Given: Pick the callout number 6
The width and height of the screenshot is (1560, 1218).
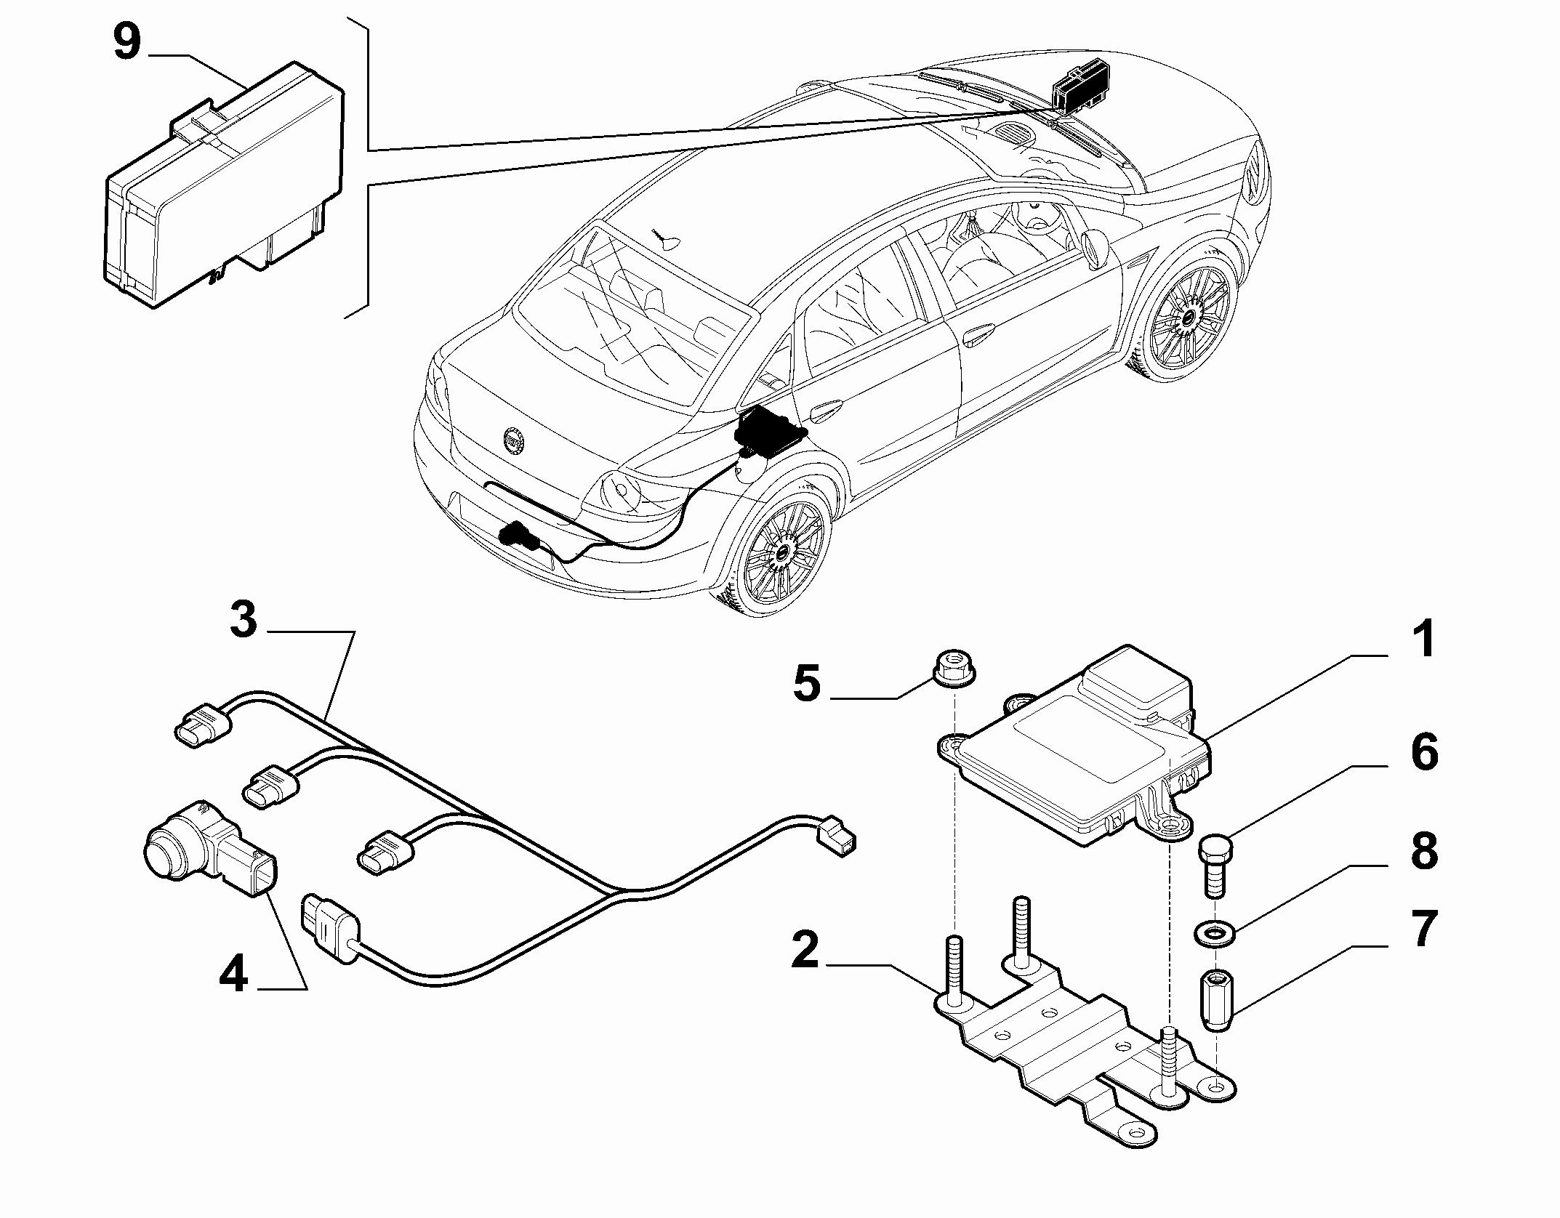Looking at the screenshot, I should coord(1424,754).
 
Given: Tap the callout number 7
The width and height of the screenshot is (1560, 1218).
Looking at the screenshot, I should coord(1423,929).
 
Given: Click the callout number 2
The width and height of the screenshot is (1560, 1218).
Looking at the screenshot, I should coord(805,949).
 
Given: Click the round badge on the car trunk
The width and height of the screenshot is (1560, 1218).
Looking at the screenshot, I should coord(514,440).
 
